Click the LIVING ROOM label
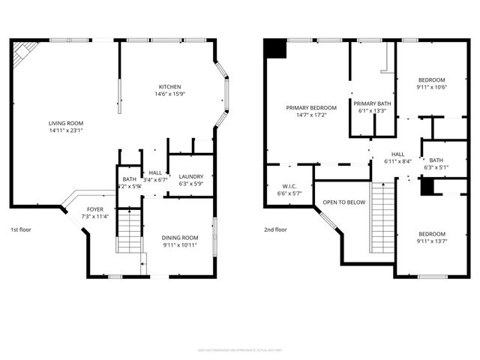pyautogui.click(x=66, y=123)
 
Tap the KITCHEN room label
pyautogui.click(x=170, y=86)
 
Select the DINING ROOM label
pyautogui.click(x=180, y=238)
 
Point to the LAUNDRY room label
pyautogui.click(x=191, y=177)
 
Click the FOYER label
pyautogui.click(x=95, y=209)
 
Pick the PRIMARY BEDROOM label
pyautogui.click(x=311, y=107)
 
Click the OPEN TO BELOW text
pyautogui.click(x=344, y=202)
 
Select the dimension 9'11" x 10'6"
pyautogui.click(x=431, y=88)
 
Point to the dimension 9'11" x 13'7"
pyautogui.click(x=431, y=241)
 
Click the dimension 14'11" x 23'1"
pyautogui.click(x=66, y=130)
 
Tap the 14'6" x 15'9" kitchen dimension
pyautogui.click(x=170, y=94)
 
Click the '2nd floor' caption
pyautogui.click(x=275, y=229)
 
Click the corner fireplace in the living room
pyautogui.click(x=25, y=52)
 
